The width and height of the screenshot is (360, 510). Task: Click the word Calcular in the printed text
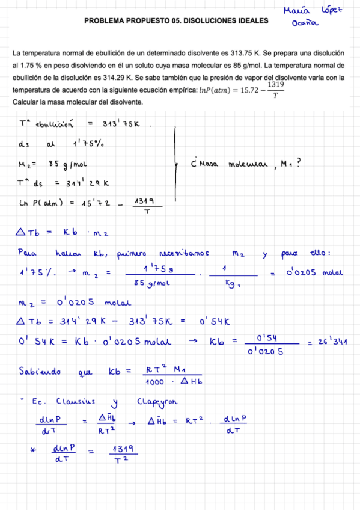26,102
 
